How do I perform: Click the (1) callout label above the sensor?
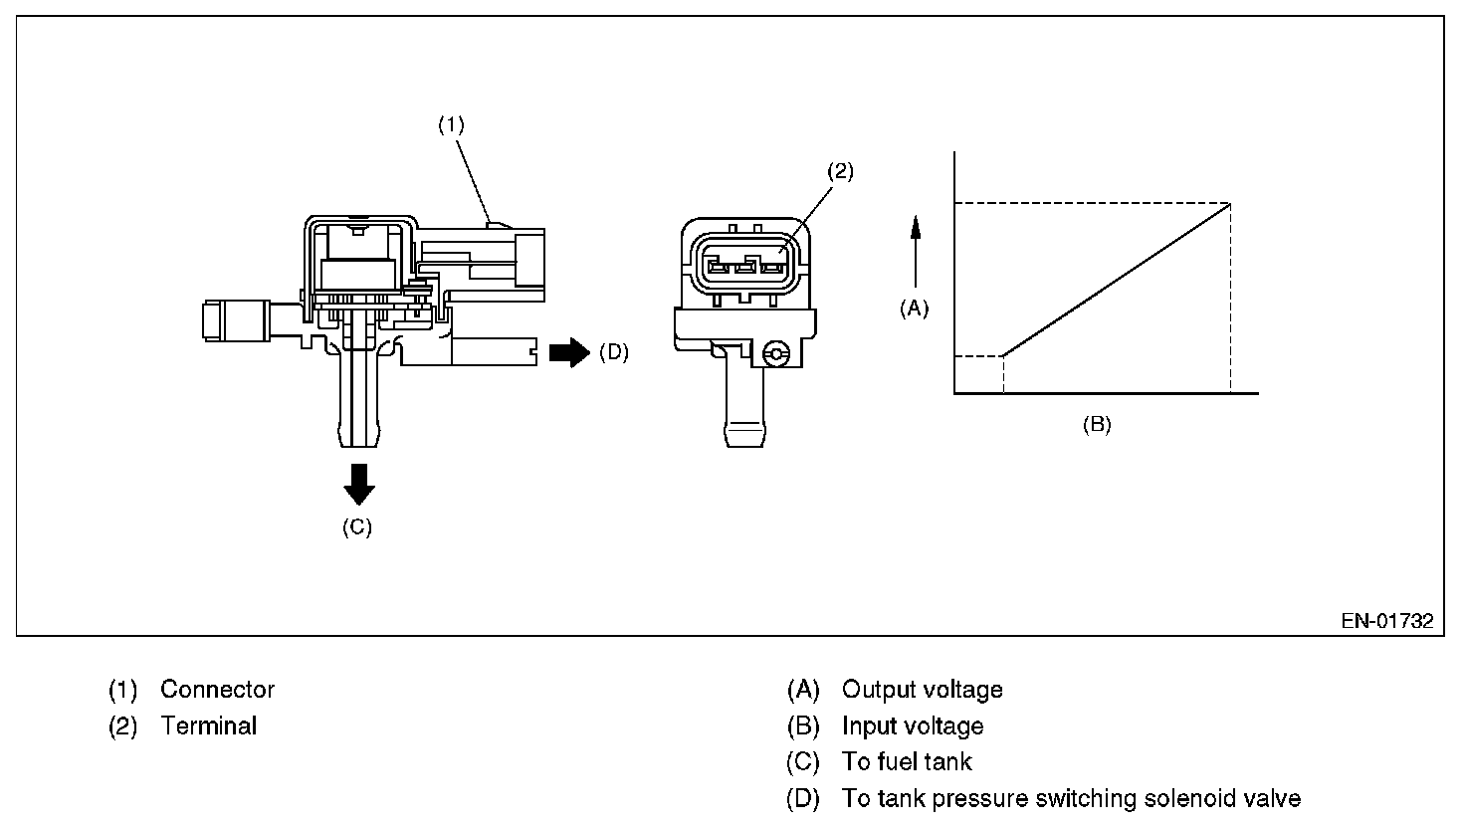tap(452, 125)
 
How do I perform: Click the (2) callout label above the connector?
tap(840, 171)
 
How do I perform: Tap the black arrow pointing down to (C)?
tap(358, 484)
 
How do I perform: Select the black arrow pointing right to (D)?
tap(569, 352)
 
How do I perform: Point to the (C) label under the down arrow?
tap(357, 527)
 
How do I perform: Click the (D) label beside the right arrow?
tap(614, 352)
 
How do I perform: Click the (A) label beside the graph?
tap(914, 309)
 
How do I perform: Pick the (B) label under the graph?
tap(1096, 425)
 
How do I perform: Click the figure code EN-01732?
tap(1386, 621)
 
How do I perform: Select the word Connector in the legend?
tap(217, 690)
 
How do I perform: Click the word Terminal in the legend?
tap(208, 726)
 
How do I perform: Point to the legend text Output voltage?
tap(922, 690)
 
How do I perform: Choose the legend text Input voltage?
tap(913, 726)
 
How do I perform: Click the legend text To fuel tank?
tap(907, 762)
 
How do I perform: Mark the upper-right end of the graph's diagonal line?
tap(1231, 204)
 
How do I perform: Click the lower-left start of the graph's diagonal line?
tap(1003, 355)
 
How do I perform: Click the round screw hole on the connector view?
tap(776, 354)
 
